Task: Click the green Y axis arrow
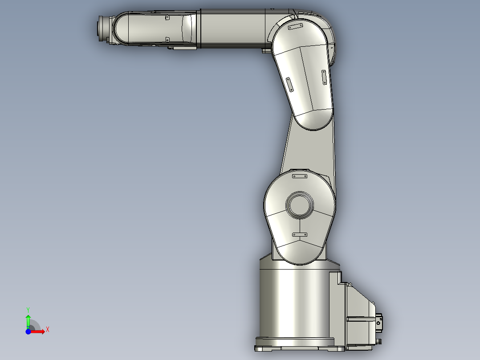coord(28,320)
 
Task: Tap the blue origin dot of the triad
coord(28,332)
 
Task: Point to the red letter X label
coord(48,330)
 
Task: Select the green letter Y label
coord(28,309)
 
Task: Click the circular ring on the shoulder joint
coord(299,205)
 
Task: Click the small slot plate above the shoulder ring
coord(299,176)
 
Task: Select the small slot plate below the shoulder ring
coord(299,234)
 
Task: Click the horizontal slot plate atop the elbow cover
coord(296,27)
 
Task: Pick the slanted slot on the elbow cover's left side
coord(289,84)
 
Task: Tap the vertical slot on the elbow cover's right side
coord(324,77)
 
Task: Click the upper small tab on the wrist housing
coord(167,18)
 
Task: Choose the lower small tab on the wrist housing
coord(168,39)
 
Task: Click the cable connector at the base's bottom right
coord(379,341)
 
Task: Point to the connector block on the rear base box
coord(379,321)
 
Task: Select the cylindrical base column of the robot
coord(294,303)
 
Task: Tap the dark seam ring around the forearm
coord(200,29)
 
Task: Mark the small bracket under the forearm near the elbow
coord(266,51)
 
